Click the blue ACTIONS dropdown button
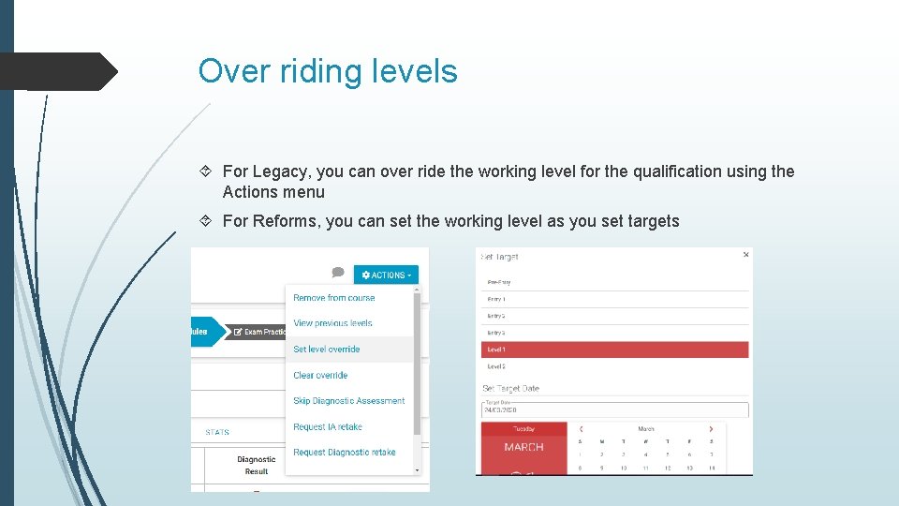click(x=386, y=275)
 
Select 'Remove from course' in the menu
click(x=333, y=298)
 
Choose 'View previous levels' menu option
click(x=332, y=323)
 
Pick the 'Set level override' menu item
click(x=326, y=350)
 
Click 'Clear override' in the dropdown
click(x=320, y=376)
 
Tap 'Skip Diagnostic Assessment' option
click(x=348, y=401)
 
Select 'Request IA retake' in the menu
click(x=327, y=427)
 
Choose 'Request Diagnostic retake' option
click(x=344, y=453)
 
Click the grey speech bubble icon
click(x=338, y=273)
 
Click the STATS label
click(x=217, y=432)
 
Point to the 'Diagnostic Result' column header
click(x=256, y=465)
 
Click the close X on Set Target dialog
click(x=746, y=254)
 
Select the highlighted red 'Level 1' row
click(x=613, y=350)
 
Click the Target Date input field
click(x=613, y=409)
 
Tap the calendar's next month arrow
click(x=711, y=429)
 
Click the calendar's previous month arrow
click(x=581, y=429)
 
